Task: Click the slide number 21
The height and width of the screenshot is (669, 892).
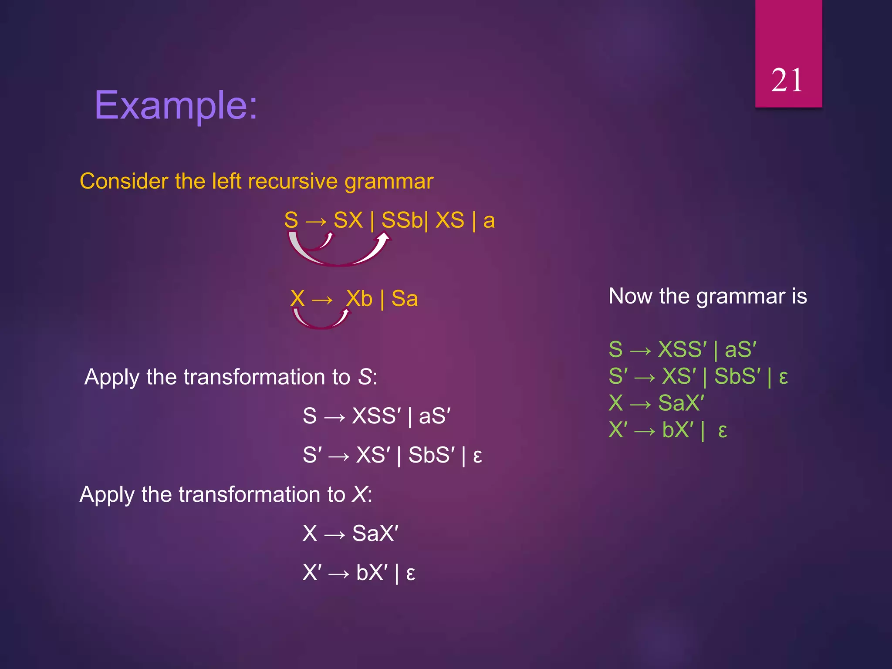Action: (x=787, y=81)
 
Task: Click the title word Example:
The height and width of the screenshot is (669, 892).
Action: (x=176, y=105)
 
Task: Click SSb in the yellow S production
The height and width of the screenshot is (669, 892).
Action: (x=402, y=220)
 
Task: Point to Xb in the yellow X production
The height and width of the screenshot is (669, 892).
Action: (x=359, y=299)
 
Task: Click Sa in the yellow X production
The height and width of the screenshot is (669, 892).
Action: (x=405, y=299)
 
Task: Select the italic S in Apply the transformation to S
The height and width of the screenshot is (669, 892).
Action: (x=365, y=377)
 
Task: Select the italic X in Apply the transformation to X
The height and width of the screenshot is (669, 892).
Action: (x=360, y=495)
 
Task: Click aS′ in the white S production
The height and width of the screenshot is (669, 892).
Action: (x=435, y=416)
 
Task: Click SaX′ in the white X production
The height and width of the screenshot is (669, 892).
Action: (x=375, y=534)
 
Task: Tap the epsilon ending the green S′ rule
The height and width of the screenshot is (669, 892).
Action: (x=783, y=377)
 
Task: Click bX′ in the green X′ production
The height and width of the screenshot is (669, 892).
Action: (x=678, y=430)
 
